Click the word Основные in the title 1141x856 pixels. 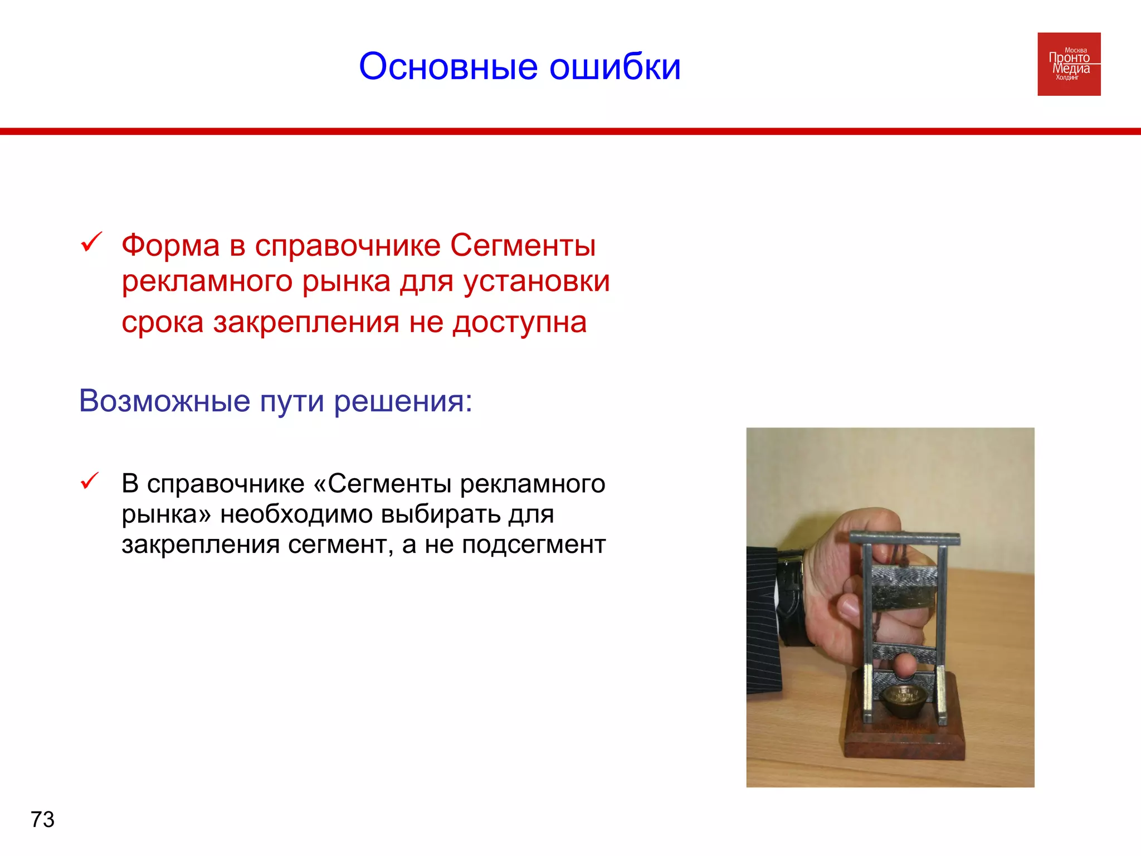point(448,67)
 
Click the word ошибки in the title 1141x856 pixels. point(615,67)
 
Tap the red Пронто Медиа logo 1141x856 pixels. point(1069,64)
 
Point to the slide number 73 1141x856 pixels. point(42,820)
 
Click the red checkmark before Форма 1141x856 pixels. point(91,242)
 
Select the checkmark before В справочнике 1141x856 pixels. point(90,481)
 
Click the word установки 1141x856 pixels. point(537,281)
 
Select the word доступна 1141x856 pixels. point(519,322)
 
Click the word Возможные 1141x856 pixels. point(164,401)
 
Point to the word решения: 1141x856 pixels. point(403,402)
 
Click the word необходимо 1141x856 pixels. point(296,514)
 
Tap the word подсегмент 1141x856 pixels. point(533,544)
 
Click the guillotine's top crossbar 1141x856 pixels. point(905,538)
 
